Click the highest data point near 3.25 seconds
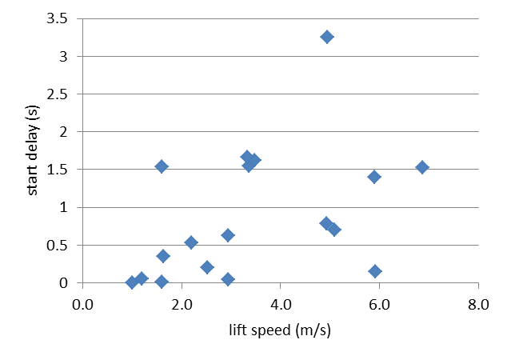[x=326, y=37]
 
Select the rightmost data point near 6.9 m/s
[x=422, y=167]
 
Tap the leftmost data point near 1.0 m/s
[x=132, y=282]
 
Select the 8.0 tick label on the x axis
[x=477, y=304]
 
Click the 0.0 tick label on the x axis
[x=82, y=304]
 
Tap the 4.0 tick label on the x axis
[x=280, y=304]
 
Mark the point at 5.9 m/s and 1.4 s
[x=374, y=177]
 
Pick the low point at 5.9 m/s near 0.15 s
[x=375, y=271]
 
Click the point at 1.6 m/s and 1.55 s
[x=162, y=166]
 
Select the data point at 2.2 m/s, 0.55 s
[x=191, y=242]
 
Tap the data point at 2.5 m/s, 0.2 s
[x=207, y=267]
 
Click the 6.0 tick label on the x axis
[x=378, y=304]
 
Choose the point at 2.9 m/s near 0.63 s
[x=228, y=235]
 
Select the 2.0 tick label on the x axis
[x=182, y=304]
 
